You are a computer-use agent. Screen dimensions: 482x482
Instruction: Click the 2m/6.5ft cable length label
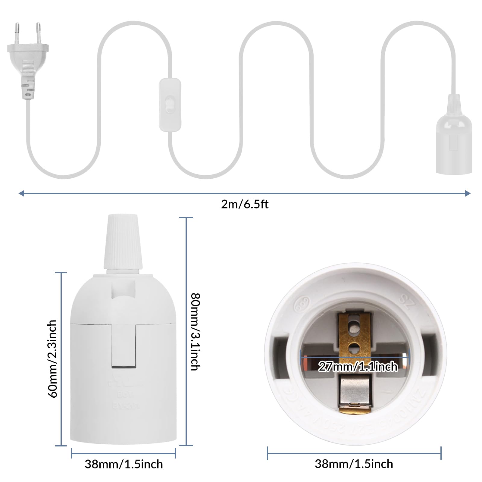(245, 205)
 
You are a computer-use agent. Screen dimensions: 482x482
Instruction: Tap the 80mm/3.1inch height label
(196, 331)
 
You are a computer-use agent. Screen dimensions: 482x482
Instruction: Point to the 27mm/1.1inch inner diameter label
(358, 367)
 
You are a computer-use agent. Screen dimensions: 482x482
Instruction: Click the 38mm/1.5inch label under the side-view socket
(124, 464)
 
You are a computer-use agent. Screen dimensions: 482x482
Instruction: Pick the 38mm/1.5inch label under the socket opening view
(354, 464)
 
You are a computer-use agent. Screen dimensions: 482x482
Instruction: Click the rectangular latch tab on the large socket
(124, 346)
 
